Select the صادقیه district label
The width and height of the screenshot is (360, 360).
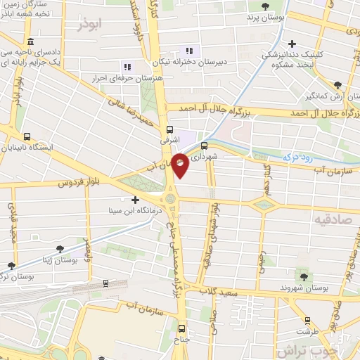click(x=326, y=219)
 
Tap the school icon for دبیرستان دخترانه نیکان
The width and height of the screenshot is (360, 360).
click(x=188, y=50)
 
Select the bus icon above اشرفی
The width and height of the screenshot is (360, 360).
click(x=169, y=130)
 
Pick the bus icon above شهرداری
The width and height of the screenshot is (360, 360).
click(x=204, y=146)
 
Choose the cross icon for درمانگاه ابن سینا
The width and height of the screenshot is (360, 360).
click(x=135, y=200)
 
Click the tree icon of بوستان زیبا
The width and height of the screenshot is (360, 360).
click(x=60, y=248)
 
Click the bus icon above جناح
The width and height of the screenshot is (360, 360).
click(x=183, y=328)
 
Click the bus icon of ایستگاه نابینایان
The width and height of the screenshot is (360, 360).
click(x=27, y=137)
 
